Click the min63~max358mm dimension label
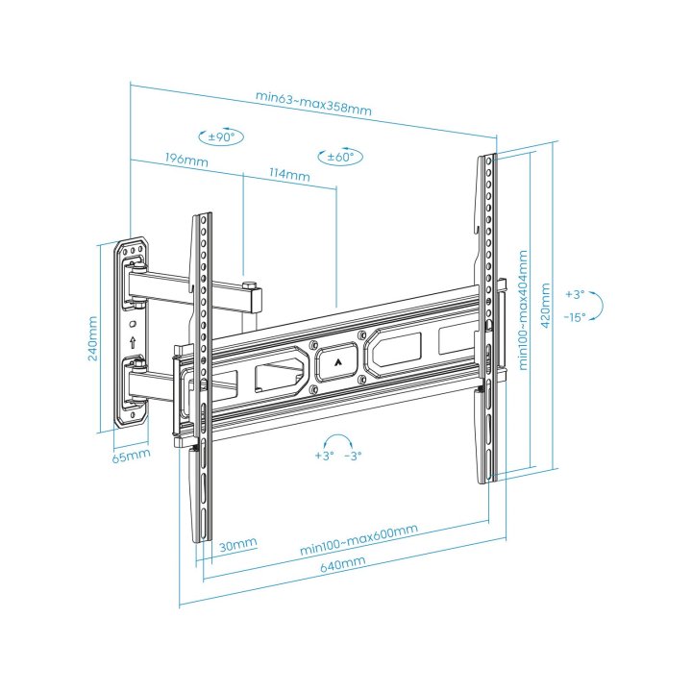pos(313,102)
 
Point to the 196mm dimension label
pos(186,160)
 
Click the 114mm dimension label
pos(289,175)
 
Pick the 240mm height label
pos(91,334)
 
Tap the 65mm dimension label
pos(131,454)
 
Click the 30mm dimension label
pos(237,545)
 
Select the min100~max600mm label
pos(358,539)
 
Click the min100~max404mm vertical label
pos(523,310)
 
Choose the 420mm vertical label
pos(545,306)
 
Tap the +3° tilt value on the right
pos(575,293)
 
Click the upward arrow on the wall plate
pos(132,341)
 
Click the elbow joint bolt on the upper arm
pos(249,286)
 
